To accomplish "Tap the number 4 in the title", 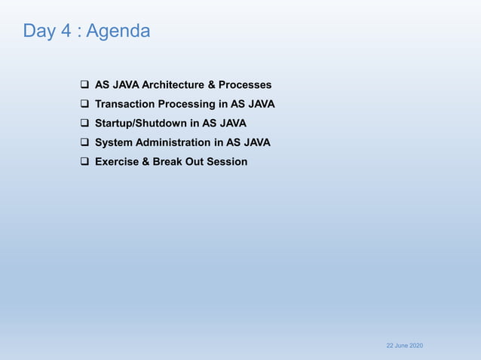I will [x=63, y=31].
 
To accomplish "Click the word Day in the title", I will [x=38, y=31].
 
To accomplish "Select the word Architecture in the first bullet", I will [x=173, y=85].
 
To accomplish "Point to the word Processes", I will [x=245, y=85].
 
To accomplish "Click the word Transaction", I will [x=125, y=104].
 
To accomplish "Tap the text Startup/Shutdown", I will [x=143, y=124].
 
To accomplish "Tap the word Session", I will [x=228, y=162].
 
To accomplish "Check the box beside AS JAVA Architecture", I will [x=85, y=85].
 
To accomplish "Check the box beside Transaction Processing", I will [x=85, y=104].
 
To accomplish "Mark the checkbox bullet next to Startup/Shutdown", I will [x=85, y=124].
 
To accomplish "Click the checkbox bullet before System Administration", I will [x=85, y=142].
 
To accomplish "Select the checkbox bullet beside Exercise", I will [x=85, y=162].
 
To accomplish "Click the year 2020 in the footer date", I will [x=415, y=345].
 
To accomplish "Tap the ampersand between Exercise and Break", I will [x=146, y=162].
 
